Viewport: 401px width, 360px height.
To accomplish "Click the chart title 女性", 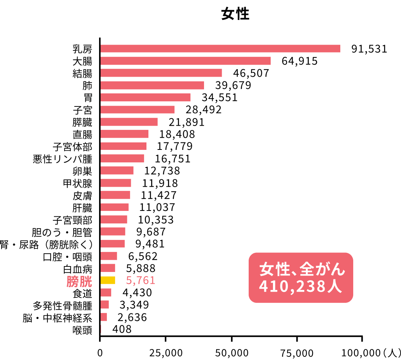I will click(x=235, y=14).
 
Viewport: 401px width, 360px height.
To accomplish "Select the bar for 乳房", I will click(x=220, y=49).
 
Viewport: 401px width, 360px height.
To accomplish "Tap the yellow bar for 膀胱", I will click(x=108, y=280).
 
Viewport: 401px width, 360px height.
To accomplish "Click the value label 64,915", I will click(x=299, y=61).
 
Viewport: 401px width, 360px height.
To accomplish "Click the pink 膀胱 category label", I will click(x=79, y=281).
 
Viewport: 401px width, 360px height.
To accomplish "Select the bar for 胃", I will click(x=145, y=97).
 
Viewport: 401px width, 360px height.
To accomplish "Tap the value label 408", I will click(x=122, y=329).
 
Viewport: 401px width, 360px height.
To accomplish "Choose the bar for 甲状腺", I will click(x=116, y=183).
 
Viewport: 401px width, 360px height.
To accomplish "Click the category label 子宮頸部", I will click(x=72, y=220).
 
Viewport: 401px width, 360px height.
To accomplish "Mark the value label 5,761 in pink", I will click(x=141, y=281).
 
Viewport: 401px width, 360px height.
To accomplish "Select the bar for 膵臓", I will click(x=129, y=122).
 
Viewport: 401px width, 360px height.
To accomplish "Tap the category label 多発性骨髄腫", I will click(x=63, y=305).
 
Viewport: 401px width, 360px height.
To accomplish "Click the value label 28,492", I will click(x=204, y=110).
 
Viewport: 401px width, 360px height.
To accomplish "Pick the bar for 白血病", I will click(x=108, y=268).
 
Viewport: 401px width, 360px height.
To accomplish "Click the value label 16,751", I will click(x=172, y=159).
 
